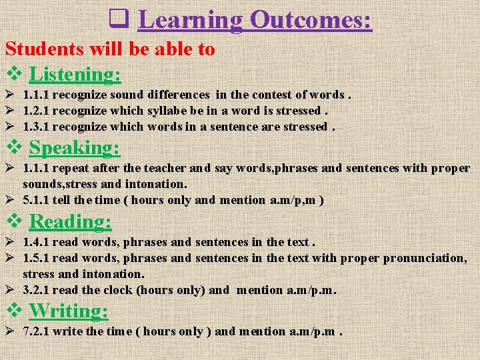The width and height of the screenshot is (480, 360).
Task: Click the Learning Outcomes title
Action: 255,19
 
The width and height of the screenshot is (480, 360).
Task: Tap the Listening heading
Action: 75,74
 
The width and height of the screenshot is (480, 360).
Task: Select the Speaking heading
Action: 75,147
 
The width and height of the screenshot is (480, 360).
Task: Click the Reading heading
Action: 71,221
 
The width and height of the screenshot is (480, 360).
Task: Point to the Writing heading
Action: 69,310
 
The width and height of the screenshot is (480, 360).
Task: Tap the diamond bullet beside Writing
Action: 14,311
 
